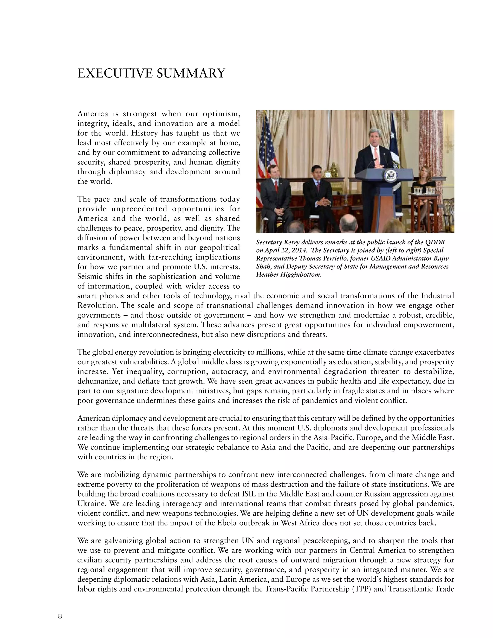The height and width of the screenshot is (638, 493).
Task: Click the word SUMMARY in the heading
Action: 191,73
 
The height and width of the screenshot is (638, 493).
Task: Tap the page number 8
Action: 60,617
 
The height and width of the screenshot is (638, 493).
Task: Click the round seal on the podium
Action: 390,176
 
